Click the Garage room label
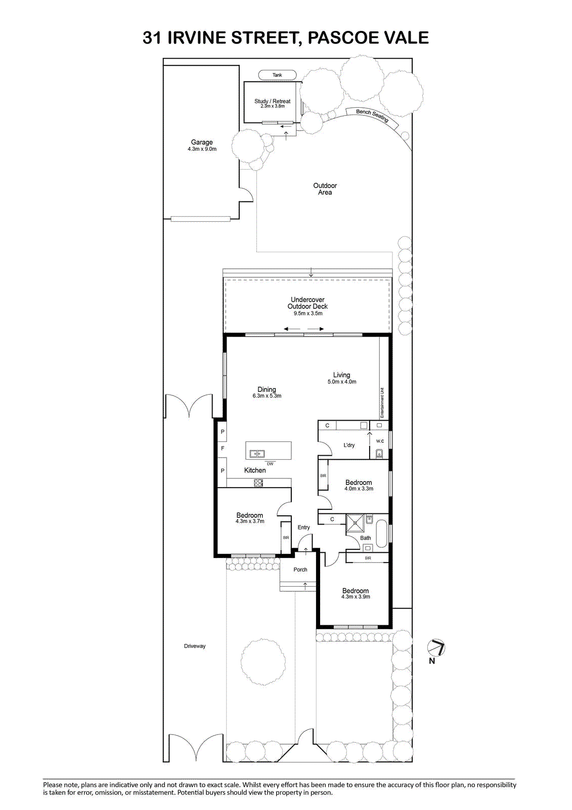pyautogui.click(x=202, y=142)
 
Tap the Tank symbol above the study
pyautogui.click(x=277, y=75)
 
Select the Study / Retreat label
pyautogui.click(x=272, y=101)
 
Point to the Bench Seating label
pyautogui.click(x=372, y=116)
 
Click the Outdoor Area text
pyautogui.click(x=325, y=189)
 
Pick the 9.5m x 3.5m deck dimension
pyautogui.click(x=308, y=313)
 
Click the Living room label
pyautogui.click(x=341, y=375)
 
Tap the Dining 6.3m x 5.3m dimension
pyautogui.click(x=267, y=395)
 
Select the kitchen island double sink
pyautogui.click(x=257, y=454)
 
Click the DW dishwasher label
pyautogui.click(x=270, y=464)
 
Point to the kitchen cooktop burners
pyautogui.click(x=258, y=483)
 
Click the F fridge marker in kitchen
pyautogui.click(x=223, y=449)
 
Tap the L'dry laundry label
pyautogui.click(x=348, y=445)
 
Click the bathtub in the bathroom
pyautogui.click(x=381, y=534)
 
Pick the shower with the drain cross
pyautogui.click(x=355, y=523)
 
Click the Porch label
pyautogui.click(x=300, y=570)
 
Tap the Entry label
pyautogui.click(x=303, y=528)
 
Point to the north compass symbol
pyautogui.click(x=436, y=647)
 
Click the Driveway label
pyautogui.click(x=195, y=646)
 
